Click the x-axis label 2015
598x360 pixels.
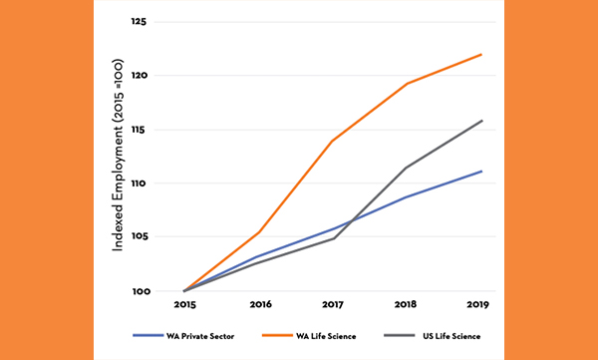[x=184, y=304]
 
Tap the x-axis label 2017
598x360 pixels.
[x=333, y=304]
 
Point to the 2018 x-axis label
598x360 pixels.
[x=407, y=304]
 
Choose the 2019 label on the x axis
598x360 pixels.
[x=481, y=304]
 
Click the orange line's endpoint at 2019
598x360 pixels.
[x=481, y=55]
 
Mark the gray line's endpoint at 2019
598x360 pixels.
[x=481, y=121]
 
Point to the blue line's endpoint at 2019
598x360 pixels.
[x=481, y=172]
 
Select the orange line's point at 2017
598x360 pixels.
[x=333, y=141]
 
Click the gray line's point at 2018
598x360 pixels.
[x=407, y=168]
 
